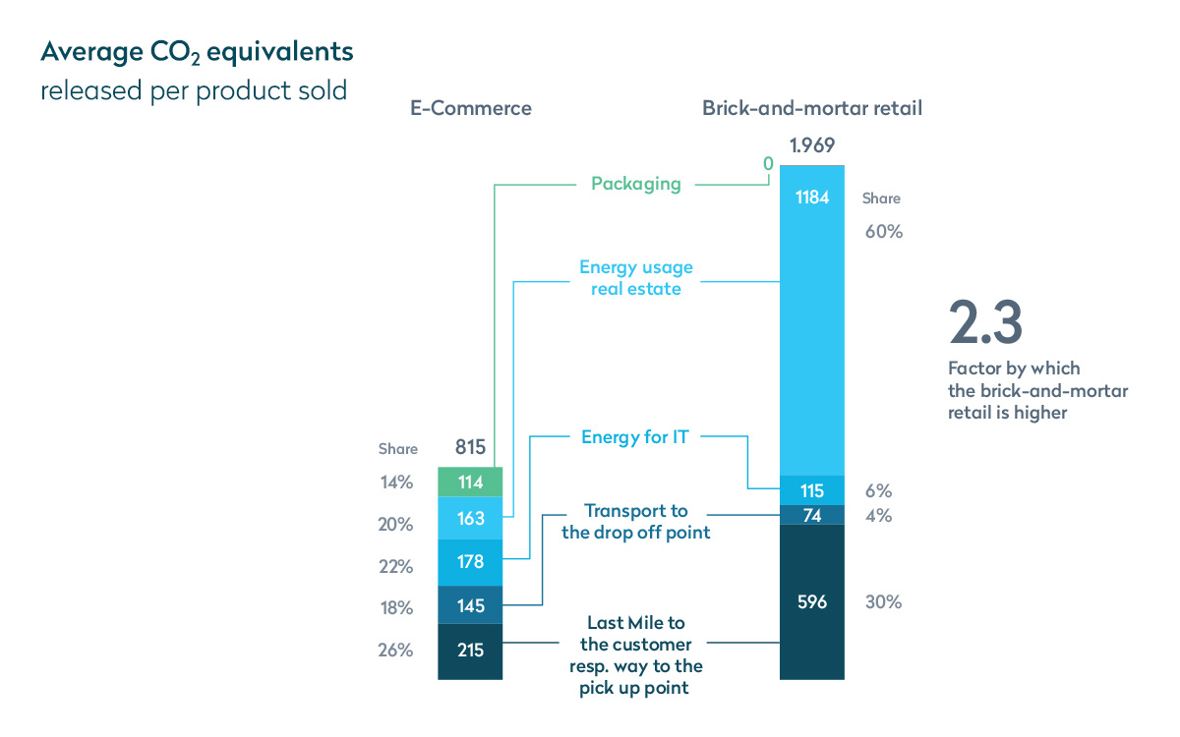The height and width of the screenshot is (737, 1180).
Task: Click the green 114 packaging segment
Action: coord(470,482)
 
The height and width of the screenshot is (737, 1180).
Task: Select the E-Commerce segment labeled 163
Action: coord(470,518)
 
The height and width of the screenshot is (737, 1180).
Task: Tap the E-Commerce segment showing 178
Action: coord(470,561)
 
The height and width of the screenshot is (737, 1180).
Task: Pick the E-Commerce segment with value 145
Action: coord(470,605)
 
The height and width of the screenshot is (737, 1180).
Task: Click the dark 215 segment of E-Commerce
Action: coord(470,651)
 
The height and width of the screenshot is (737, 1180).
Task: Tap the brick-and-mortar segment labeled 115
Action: coord(811,490)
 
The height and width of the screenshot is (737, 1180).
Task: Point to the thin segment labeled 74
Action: coord(811,515)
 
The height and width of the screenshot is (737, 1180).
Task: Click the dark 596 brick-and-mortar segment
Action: coord(811,601)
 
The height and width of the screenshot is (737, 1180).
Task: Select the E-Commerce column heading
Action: coord(470,108)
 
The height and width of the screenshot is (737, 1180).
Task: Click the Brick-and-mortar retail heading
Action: coord(811,108)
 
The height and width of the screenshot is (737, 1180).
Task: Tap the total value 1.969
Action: coord(811,145)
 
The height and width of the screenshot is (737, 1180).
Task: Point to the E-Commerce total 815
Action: coord(470,448)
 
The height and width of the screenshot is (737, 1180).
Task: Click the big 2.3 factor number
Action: coord(984,321)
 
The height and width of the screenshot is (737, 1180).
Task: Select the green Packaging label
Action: coord(635,184)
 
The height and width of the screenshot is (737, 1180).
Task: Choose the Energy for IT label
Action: coord(634,437)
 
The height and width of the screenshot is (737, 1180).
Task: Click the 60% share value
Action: coord(883,233)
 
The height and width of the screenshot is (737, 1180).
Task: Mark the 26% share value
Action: coord(395,650)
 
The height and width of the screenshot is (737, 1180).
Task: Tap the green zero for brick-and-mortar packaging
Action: coord(768,165)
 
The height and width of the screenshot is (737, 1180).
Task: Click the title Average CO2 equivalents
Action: coord(197,51)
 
